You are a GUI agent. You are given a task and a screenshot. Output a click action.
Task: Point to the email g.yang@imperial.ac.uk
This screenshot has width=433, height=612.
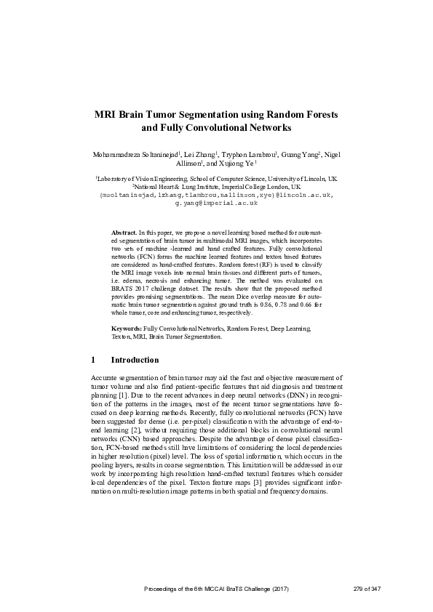216,204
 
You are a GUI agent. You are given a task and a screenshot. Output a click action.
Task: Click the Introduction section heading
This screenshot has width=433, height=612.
134,360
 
